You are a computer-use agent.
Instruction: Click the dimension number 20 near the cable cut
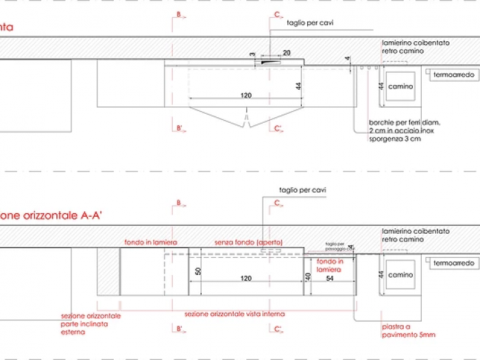287,53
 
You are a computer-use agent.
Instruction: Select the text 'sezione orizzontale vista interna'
235,313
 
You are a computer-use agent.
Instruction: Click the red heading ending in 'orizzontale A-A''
51,215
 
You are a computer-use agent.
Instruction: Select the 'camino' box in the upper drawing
400,86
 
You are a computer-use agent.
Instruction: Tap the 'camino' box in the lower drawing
400,275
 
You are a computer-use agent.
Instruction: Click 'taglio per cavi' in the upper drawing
311,23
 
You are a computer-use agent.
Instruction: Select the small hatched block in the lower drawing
108,272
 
